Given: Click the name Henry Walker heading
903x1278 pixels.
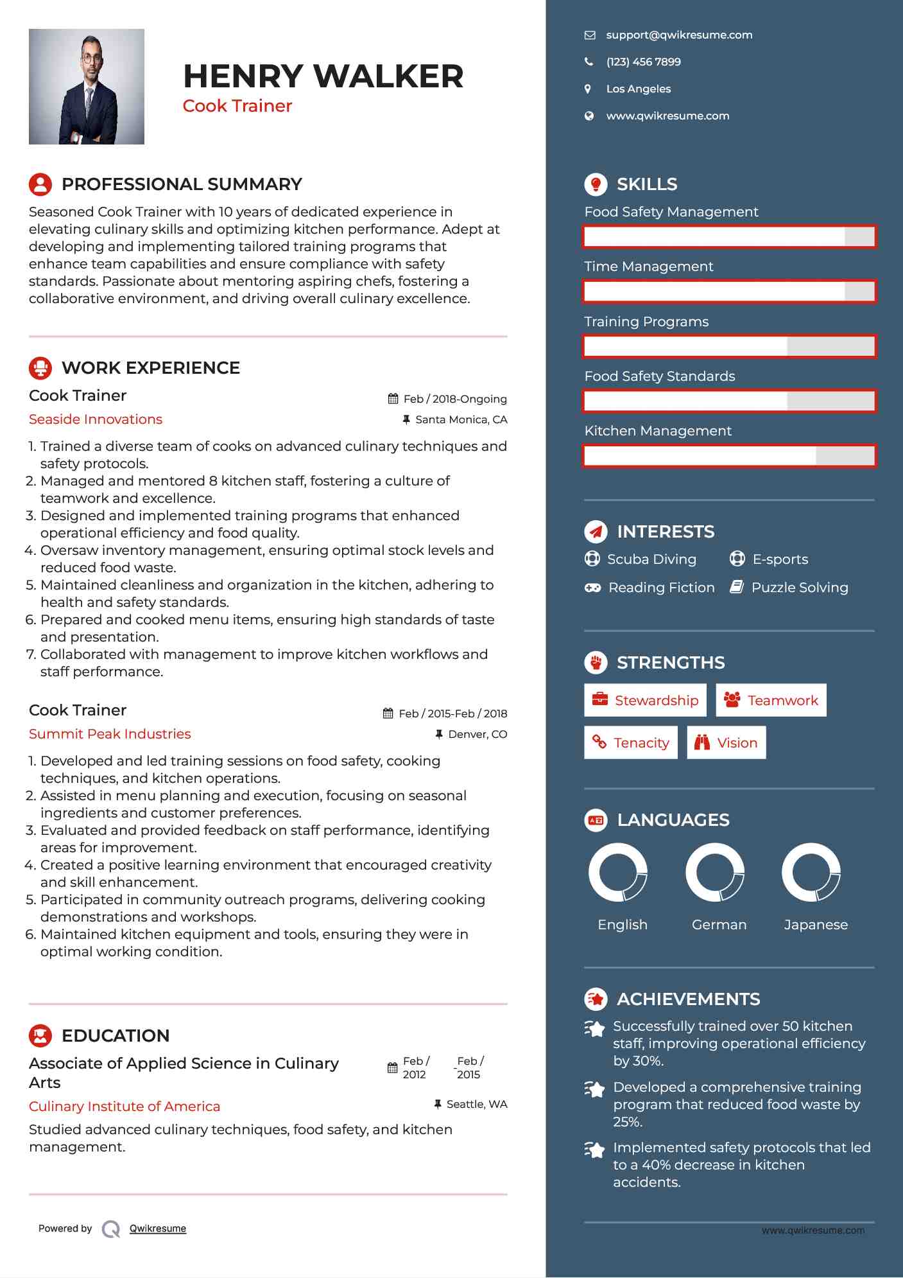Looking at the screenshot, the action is [323, 76].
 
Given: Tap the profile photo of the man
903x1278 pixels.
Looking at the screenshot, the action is [87, 87].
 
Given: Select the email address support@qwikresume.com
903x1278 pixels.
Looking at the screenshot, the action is [679, 35].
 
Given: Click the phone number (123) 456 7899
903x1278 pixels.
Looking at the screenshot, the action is [643, 62].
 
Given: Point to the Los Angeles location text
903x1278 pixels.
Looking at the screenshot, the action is [638, 89].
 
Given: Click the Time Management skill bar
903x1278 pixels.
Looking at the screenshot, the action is [729, 292].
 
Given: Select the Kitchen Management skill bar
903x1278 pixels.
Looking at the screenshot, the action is [729, 456].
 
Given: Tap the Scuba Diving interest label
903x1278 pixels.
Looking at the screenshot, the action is [651, 559].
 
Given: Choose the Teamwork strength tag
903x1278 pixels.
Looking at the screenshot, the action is [771, 700].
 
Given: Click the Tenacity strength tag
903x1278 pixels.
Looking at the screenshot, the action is [631, 742].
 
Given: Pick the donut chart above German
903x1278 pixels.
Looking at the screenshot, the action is [715, 872].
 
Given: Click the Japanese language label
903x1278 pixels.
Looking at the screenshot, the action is [816, 925].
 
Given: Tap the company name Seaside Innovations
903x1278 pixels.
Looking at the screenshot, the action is [96, 419].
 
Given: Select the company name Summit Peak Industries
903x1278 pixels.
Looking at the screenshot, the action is [110, 734].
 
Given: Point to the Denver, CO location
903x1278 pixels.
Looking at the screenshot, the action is [477, 734].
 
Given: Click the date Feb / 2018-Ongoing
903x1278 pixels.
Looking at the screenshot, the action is [454, 399].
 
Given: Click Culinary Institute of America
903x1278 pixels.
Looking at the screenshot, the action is [125, 1107].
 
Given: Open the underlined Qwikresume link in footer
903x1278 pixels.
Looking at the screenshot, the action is [158, 1229].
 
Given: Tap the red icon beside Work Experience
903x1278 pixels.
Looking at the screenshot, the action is [40, 368].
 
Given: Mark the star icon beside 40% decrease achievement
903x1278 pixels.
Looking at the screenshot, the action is [595, 1150].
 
